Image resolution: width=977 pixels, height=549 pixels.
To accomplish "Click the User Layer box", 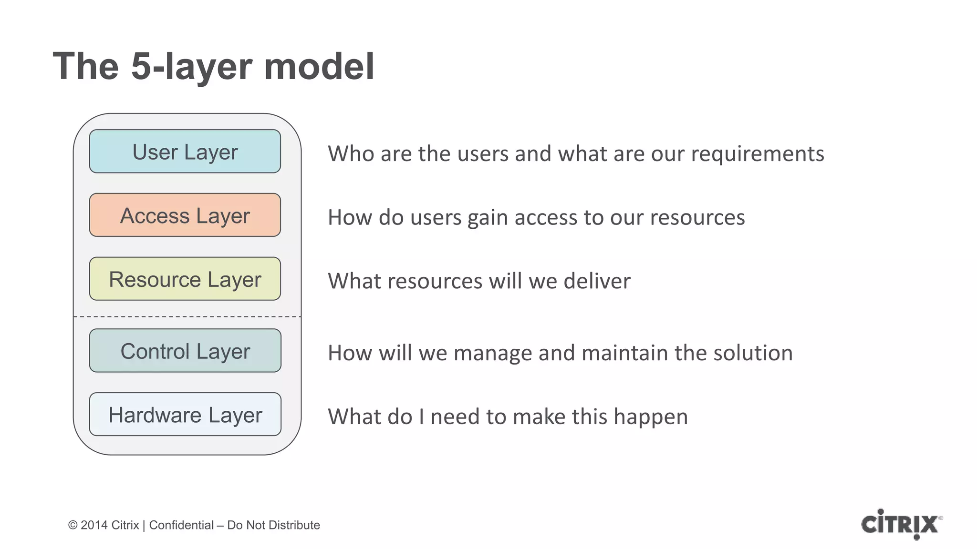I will coord(185,151).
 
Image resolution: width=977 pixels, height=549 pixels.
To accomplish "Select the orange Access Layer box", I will coord(185,215).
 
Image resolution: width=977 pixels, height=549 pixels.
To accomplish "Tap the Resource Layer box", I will coord(185,279).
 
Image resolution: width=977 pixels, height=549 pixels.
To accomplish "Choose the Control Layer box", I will coord(185,351).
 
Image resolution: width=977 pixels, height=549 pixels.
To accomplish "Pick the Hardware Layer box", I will coord(185,414).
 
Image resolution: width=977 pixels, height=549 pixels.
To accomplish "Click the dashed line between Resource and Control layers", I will coord(187,316).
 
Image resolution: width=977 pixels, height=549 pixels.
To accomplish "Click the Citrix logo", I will coord(901,524).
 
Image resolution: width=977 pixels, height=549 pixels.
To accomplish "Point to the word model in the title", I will coord(319,66).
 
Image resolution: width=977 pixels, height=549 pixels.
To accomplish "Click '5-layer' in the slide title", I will coord(191,66).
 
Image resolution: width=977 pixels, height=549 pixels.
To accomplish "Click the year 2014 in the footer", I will coord(94,525).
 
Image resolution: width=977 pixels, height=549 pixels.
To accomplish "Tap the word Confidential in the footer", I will coord(181,525).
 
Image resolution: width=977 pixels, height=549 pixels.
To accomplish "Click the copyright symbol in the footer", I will coord(73,525).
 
